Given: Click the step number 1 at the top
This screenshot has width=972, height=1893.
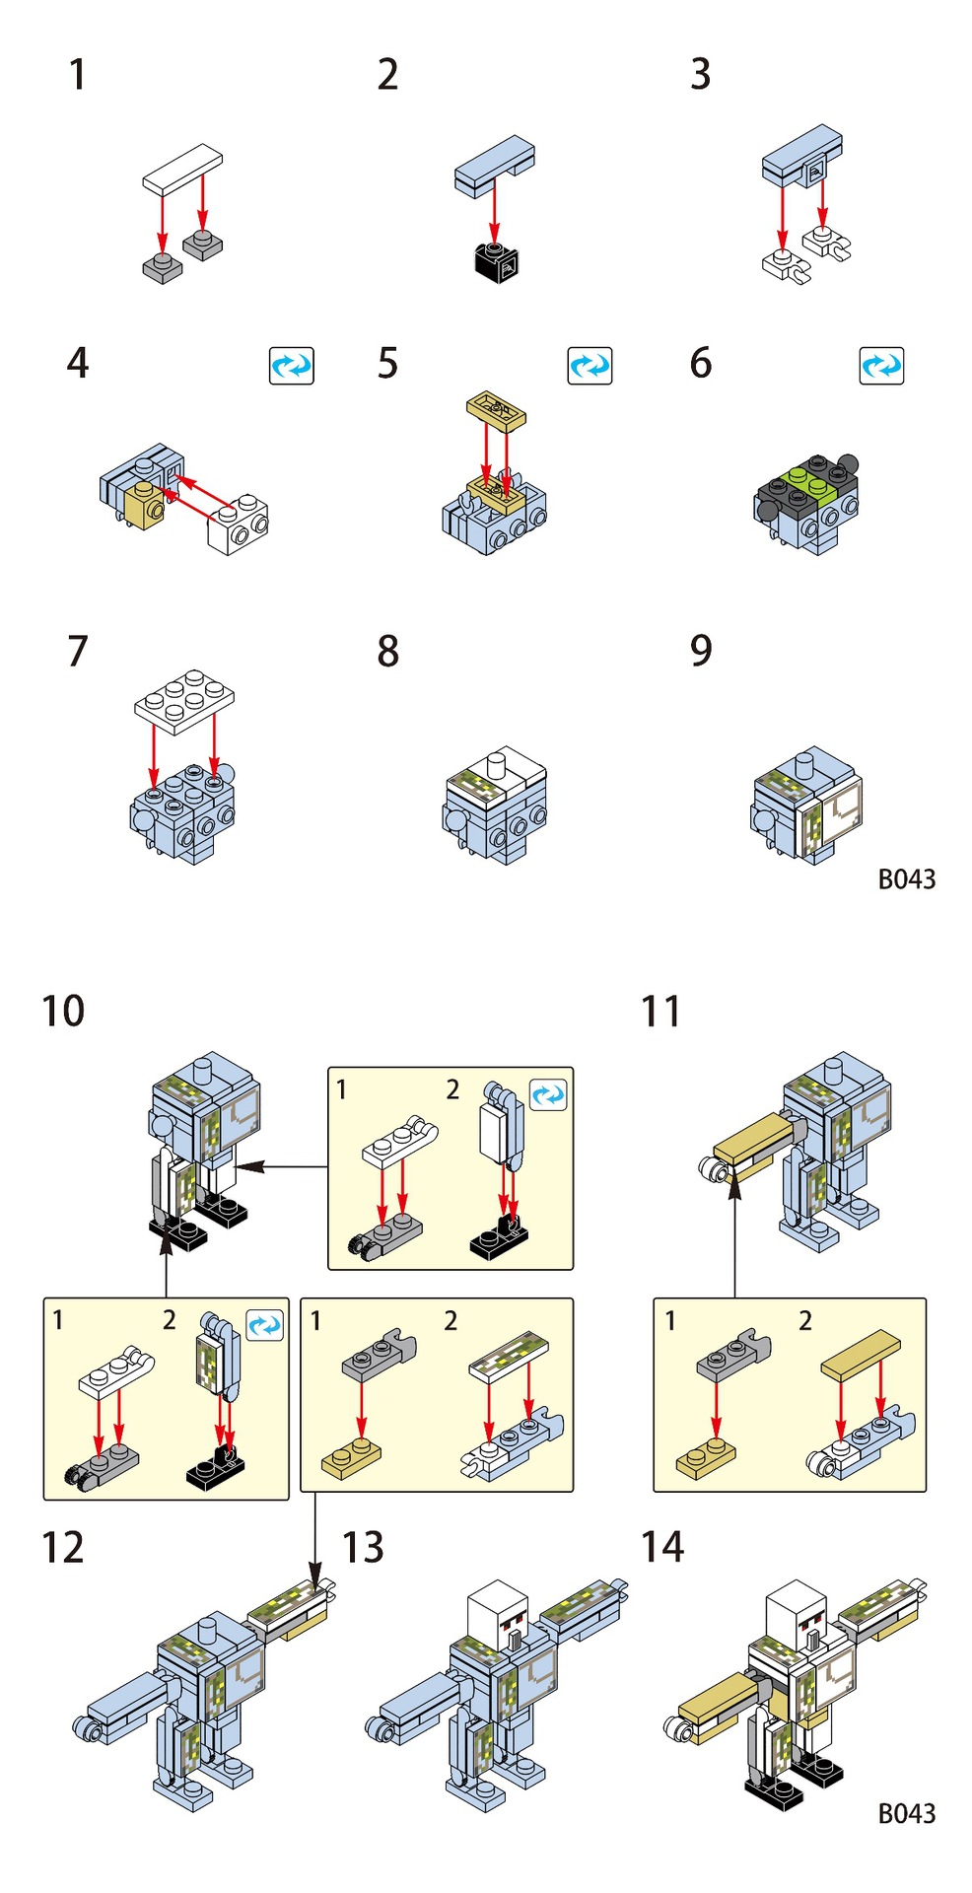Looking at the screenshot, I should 77,75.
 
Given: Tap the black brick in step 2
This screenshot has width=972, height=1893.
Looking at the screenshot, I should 497,260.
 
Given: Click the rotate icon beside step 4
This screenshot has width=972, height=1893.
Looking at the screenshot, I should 292,366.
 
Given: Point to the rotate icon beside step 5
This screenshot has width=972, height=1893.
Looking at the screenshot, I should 590,366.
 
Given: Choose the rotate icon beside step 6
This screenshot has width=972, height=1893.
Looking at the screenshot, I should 881,366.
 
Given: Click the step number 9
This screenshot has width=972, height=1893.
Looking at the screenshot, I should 700,651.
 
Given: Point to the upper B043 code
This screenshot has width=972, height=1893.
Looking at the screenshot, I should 906,878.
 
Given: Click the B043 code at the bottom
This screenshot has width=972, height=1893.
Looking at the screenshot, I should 906,1813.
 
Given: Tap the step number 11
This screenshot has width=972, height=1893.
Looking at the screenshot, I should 660,1012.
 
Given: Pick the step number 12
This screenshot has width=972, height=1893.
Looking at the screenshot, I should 63,1548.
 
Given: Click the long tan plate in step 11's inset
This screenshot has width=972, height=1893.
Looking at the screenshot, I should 862,1354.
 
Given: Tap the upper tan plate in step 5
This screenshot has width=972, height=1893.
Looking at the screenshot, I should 496,408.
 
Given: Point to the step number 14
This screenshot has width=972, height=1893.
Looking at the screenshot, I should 662,1547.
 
